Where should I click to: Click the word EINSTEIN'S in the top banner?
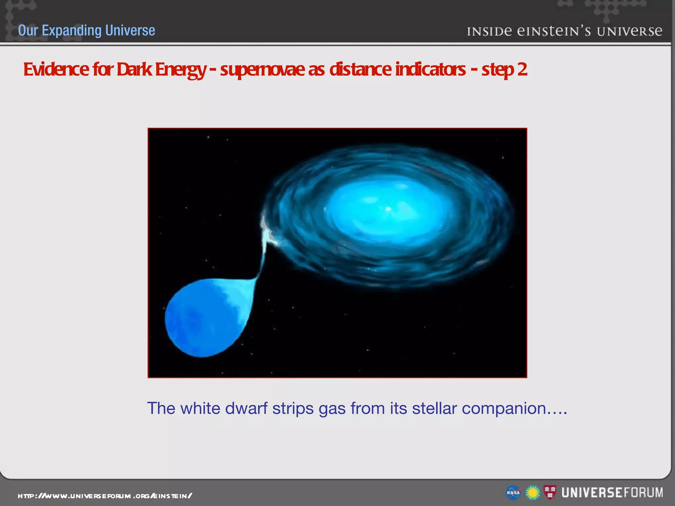[x=554, y=31]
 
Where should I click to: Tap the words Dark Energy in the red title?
[x=161, y=70]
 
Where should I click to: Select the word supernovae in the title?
[x=262, y=70]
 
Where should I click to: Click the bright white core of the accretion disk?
[x=388, y=209]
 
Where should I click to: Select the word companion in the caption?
[x=504, y=408]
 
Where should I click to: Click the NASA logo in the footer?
[x=513, y=493]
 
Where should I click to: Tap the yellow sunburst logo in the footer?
[x=532, y=493]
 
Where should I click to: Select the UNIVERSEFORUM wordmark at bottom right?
[x=612, y=492]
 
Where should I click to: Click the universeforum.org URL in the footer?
[x=105, y=496]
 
